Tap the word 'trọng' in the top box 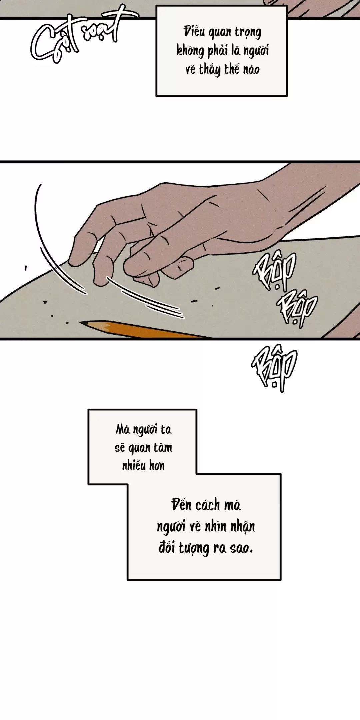click(248, 32)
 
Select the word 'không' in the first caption click(190, 51)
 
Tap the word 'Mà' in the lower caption click(123, 429)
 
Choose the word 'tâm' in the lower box click(163, 447)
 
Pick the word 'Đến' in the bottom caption click(181, 505)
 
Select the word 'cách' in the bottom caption click(208, 505)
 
